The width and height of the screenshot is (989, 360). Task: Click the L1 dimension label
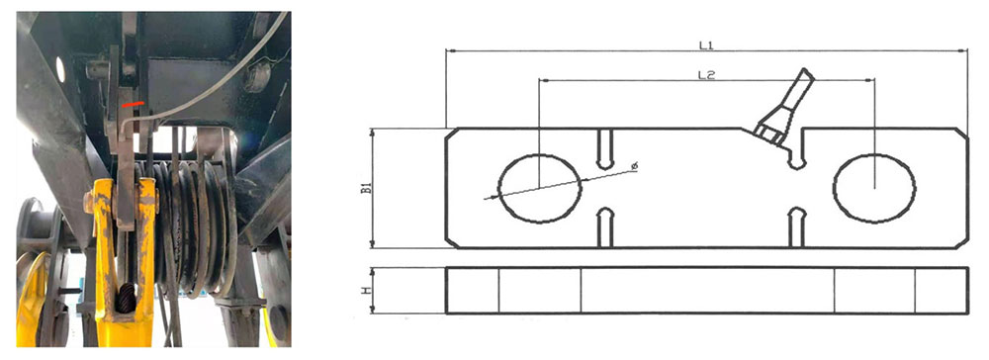pyautogui.click(x=705, y=45)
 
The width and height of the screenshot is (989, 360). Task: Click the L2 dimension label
pyautogui.click(x=706, y=75)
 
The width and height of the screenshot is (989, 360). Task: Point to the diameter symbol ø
pyautogui.click(x=635, y=166)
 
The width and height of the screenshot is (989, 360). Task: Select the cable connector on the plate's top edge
pyautogui.click(x=784, y=107)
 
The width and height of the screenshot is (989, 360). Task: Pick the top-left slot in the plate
pyautogui.click(x=604, y=149)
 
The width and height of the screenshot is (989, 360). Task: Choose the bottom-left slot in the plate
pyautogui.click(x=604, y=227)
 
